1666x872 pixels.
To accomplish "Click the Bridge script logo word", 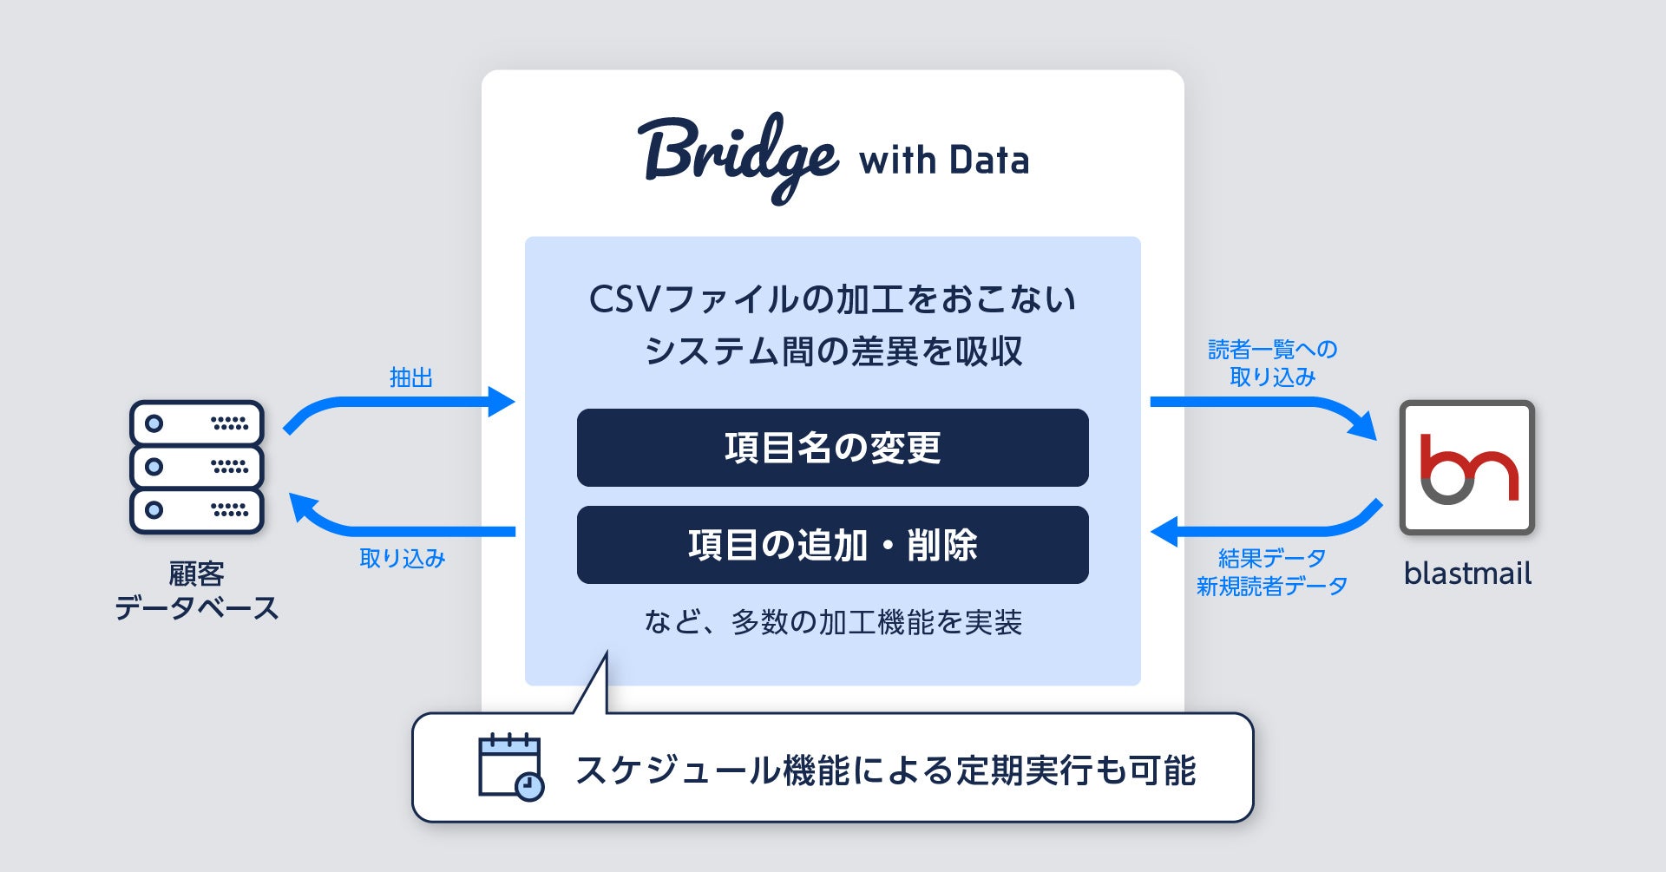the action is (738, 156).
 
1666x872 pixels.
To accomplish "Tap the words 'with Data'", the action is (943, 161).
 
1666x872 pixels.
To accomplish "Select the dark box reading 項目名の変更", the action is (832, 448).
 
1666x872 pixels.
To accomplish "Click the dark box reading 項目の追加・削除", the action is (832, 545).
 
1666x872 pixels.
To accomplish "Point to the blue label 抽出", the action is (410, 377).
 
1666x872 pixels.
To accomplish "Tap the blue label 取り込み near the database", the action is (402, 558).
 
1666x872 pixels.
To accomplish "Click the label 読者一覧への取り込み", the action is (1272, 363).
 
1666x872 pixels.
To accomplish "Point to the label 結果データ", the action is (1271, 558).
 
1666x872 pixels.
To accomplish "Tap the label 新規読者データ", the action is (1271, 587).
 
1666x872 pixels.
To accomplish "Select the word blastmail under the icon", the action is (1467, 574).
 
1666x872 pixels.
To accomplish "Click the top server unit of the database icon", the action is (196, 423).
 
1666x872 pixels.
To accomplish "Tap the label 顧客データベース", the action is (196, 590).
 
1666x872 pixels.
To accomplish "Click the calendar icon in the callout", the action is (509, 764).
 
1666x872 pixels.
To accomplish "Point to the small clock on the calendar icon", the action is (528, 786).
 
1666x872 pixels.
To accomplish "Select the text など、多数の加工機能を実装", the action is (832, 622).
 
